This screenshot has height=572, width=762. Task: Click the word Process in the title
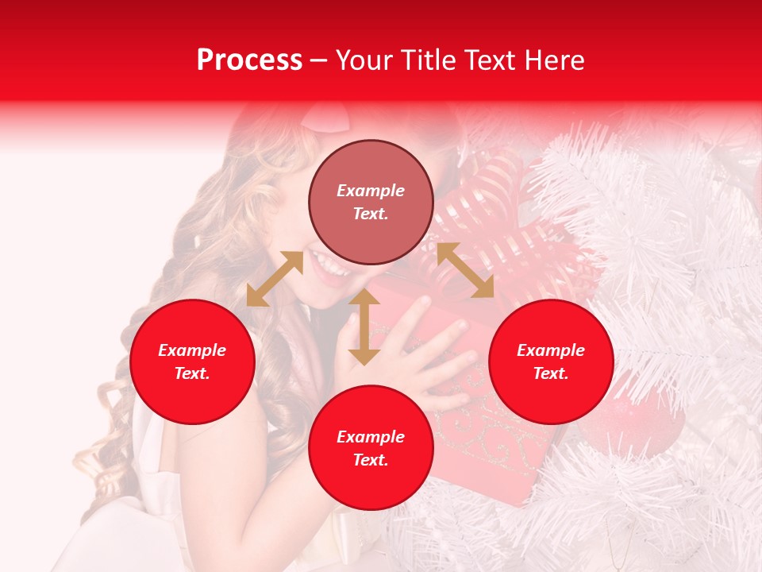click(249, 60)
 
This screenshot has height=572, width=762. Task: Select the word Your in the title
click(363, 60)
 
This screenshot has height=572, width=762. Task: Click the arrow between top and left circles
click(275, 279)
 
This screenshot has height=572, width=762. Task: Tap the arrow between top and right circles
click(465, 270)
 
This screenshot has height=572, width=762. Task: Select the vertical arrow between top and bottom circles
click(364, 327)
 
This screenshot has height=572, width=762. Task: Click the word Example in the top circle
click(371, 191)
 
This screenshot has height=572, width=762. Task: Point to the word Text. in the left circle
click(192, 373)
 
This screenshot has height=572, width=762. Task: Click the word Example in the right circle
click(551, 350)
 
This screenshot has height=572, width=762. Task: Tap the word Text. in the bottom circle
click(371, 460)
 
